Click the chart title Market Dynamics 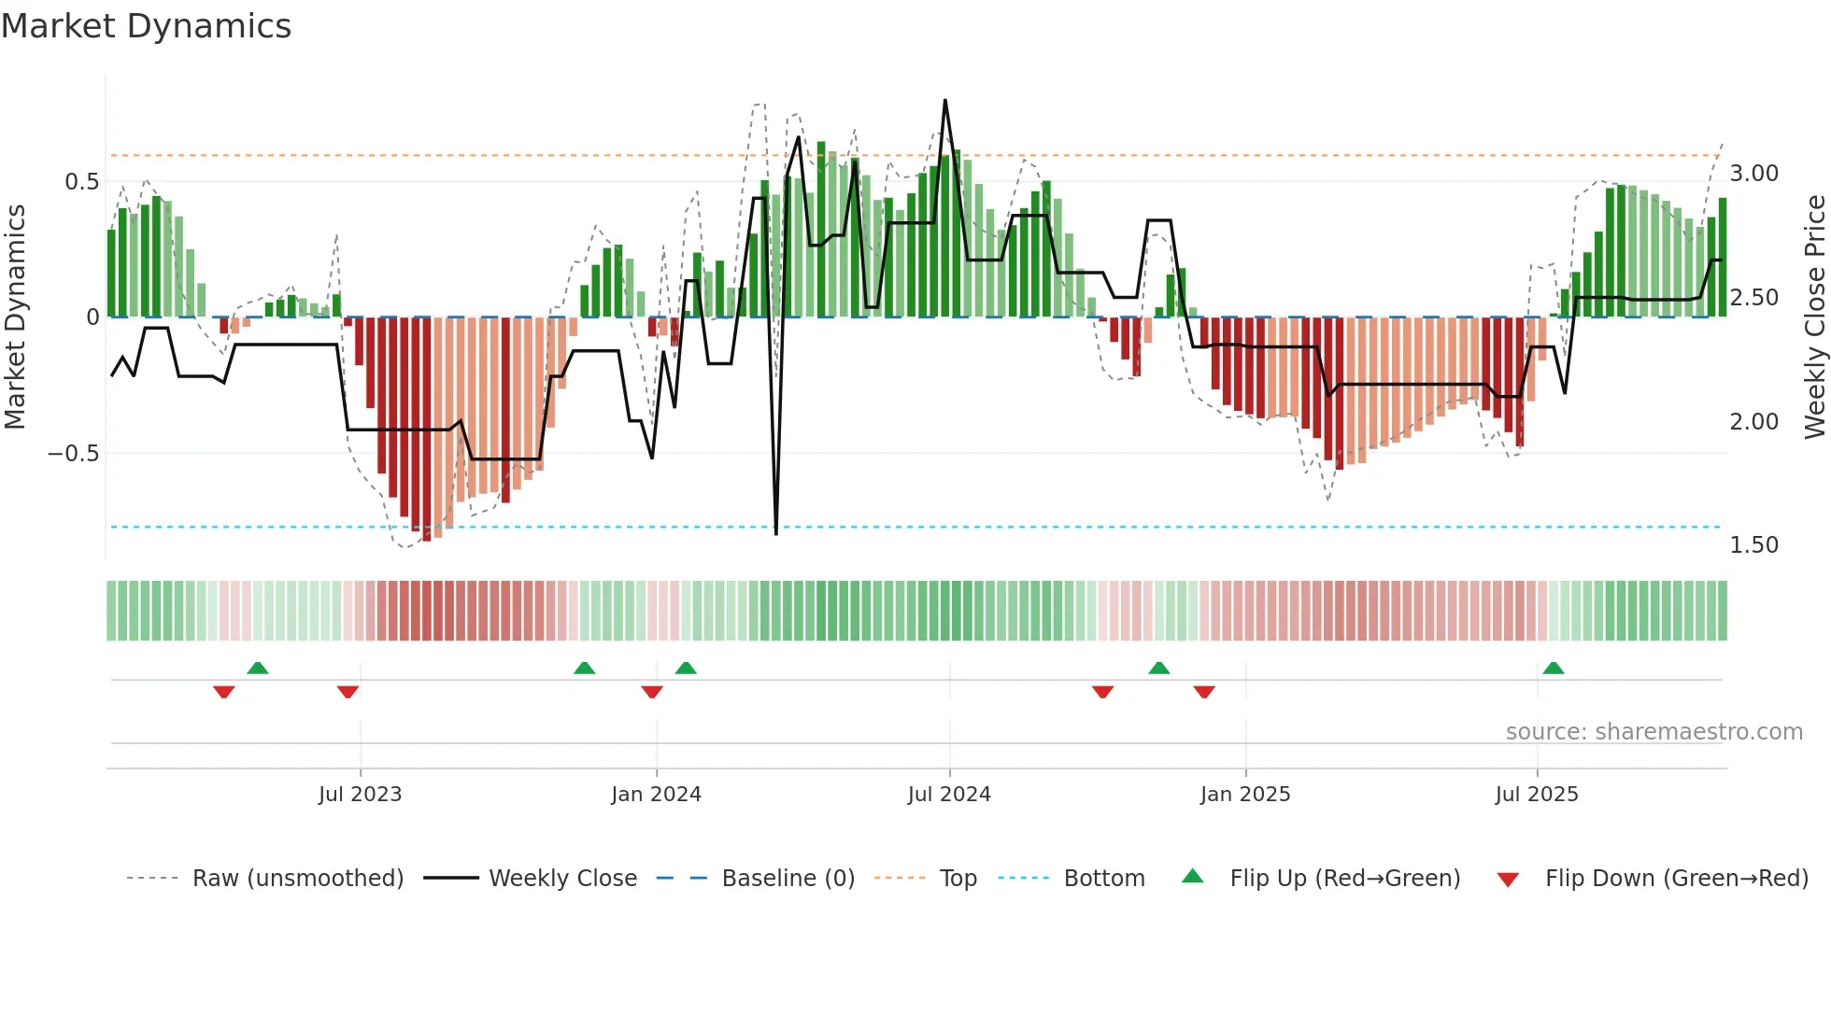pyautogui.click(x=146, y=26)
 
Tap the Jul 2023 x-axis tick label pyautogui.click(x=360, y=795)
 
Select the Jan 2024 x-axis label pyautogui.click(x=656, y=795)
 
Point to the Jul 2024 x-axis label pyautogui.click(x=949, y=795)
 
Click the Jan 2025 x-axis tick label pyautogui.click(x=1245, y=795)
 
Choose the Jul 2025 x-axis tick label pyautogui.click(x=1537, y=795)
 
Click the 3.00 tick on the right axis pyautogui.click(x=1753, y=174)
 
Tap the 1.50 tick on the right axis pyautogui.click(x=1753, y=545)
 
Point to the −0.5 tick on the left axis pyautogui.click(x=73, y=454)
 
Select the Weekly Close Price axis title pyautogui.click(x=1814, y=317)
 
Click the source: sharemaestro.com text pyautogui.click(x=1654, y=732)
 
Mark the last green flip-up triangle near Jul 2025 pyautogui.click(x=1554, y=669)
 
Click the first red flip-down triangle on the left pyautogui.click(x=223, y=692)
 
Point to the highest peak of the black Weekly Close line pyautogui.click(x=945, y=101)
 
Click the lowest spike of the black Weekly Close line pyautogui.click(x=776, y=533)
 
